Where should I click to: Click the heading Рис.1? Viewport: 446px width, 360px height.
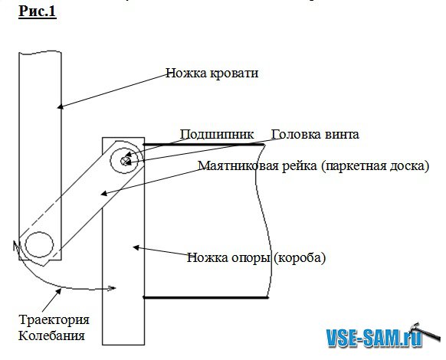pyautogui.click(x=38, y=11)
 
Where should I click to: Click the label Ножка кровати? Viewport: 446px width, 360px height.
pyautogui.click(x=212, y=73)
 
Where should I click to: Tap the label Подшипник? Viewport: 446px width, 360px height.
pyautogui.click(x=216, y=134)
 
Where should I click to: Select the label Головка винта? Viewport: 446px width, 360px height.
pyautogui.click(x=315, y=134)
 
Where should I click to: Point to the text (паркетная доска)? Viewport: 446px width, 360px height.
pyautogui.click(x=375, y=165)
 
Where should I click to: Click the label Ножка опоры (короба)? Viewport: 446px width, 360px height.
pyautogui.click(x=256, y=257)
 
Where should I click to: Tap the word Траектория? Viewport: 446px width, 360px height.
pyautogui.click(x=54, y=319)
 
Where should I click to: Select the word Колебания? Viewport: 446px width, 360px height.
pyautogui.click(x=51, y=335)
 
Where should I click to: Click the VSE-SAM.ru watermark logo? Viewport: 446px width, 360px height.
pyautogui.click(x=374, y=337)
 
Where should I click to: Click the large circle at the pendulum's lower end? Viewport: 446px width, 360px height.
pyautogui.click(x=39, y=244)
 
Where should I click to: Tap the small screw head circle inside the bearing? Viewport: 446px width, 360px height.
pyautogui.click(x=125, y=161)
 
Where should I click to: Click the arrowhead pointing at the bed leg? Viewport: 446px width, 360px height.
pyautogui.click(x=60, y=106)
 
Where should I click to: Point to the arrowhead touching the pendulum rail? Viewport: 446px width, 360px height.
pyautogui.click(x=104, y=193)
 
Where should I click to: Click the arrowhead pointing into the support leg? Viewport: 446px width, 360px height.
pyautogui.click(x=136, y=247)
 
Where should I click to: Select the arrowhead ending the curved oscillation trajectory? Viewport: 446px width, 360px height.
pyautogui.click(x=112, y=288)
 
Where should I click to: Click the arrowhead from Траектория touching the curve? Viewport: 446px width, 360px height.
pyautogui.click(x=59, y=291)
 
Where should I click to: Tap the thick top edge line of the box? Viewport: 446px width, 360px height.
pyautogui.click(x=204, y=145)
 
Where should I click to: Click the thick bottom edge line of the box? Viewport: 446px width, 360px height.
pyautogui.click(x=205, y=297)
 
